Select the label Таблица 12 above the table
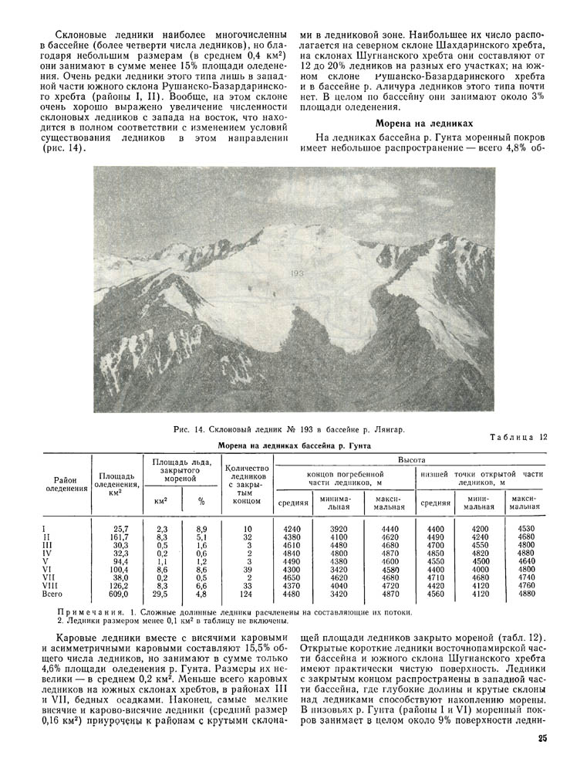click(518, 437)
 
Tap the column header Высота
click(410, 459)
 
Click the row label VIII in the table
click(48, 585)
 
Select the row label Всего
click(52, 595)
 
